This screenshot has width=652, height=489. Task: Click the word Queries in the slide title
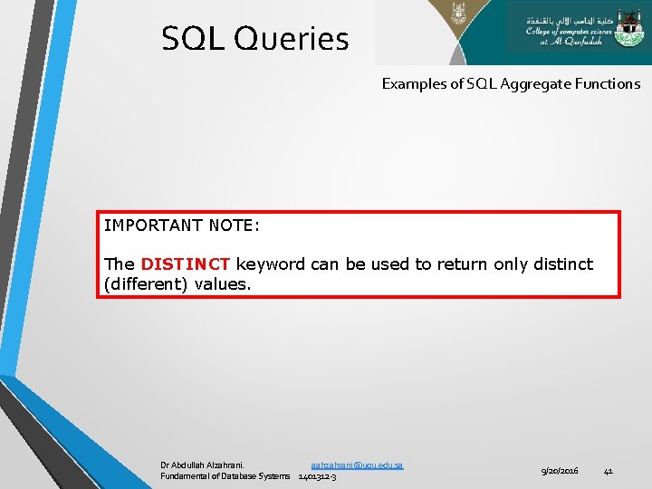(x=291, y=39)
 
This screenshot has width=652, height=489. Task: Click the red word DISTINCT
(x=186, y=264)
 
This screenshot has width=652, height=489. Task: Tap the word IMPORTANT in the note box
(x=151, y=225)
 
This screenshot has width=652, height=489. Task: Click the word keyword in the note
(x=271, y=264)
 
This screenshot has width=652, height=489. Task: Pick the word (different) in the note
(x=146, y=284)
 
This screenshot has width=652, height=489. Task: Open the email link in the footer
(x=356, y=465)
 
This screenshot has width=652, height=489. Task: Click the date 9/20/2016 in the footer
(x=559, y=471)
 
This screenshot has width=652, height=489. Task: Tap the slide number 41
(x=608, y=471)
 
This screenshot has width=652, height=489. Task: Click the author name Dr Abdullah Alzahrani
(x=208, y=465)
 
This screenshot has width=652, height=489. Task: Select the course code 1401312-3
(x=317, y=476)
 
